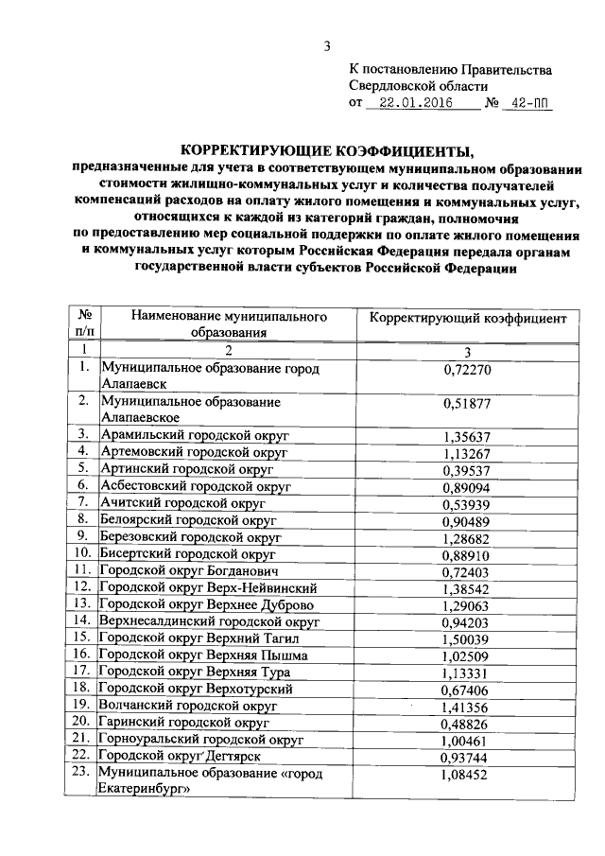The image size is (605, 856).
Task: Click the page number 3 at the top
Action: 326,47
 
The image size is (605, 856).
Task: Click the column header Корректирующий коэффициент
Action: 467,320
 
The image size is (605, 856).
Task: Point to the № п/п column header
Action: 84,323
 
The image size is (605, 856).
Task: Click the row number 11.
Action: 84,571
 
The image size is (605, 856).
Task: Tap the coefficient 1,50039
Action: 467,638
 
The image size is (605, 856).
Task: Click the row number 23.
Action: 84,775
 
